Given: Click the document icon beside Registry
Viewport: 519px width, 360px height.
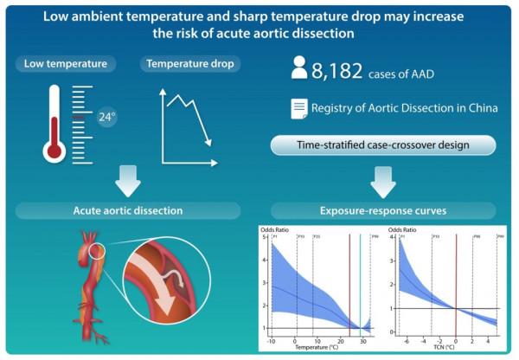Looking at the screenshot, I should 298,109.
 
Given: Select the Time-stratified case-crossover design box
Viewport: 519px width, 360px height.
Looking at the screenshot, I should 383,145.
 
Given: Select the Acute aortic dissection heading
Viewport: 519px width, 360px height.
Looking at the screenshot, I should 128,210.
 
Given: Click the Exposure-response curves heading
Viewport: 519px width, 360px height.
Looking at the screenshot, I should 383,210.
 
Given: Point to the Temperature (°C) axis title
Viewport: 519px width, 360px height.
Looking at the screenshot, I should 316,348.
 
